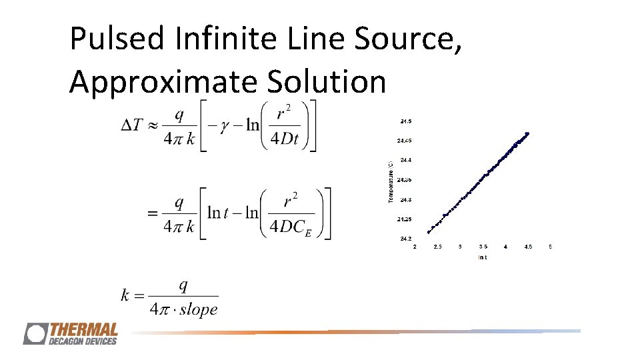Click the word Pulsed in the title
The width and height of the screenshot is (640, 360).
(x=117, y=39)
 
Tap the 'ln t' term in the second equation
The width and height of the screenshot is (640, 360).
(x=223, y=213)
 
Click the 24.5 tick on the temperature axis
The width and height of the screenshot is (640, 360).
(x=405, y=121)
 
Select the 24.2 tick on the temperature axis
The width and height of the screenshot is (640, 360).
(x=405, y=239)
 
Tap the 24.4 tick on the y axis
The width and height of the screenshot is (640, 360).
(x=405, y=160)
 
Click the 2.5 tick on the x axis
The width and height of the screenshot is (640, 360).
(x=437, y=247)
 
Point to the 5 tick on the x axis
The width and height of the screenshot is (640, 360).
(x=550, y=247)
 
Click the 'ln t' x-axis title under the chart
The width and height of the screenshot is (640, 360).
(x=482, y=257)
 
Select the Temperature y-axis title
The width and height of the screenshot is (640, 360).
(x=391, y=180)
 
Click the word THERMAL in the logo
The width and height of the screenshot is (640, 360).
(x=83, y=330)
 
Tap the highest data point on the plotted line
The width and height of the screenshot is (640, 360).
(x=527, y=133)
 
